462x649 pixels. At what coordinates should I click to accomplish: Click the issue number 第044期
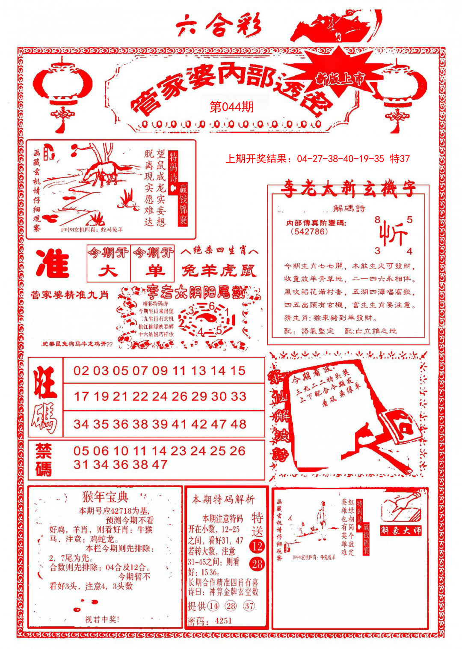[x=231, y=107]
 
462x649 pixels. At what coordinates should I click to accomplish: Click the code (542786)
[x=309, y=232]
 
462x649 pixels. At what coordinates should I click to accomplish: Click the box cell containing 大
[x=109, y=271]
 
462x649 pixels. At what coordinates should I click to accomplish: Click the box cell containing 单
[x=153, y=271]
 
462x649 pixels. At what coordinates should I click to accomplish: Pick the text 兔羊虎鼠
[x=219, y=271]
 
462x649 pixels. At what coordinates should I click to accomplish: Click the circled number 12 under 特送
[x=257, y=546]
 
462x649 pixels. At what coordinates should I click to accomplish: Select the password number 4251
[x=223, y=621]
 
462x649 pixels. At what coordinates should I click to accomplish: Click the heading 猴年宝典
[x=105, y=497]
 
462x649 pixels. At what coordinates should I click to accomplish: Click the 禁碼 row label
[x=44, y=460]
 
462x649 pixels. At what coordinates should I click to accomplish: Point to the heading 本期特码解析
[x=223, y=500]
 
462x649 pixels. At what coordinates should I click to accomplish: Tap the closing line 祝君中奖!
[x=102, y=619]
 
